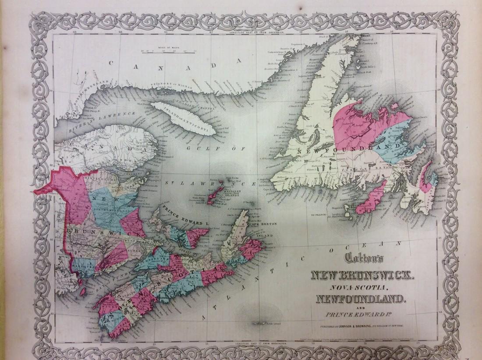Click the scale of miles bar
click(x=166, y=51)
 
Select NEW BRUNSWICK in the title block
click(x=361, y=276)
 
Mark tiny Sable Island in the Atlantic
click(x=263, y=324)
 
